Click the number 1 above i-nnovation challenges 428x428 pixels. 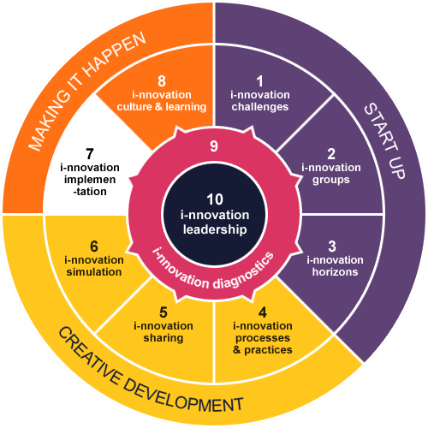tap(260, 81)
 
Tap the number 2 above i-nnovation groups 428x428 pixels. tap(331, 154)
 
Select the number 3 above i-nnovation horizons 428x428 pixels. tap(332, 247)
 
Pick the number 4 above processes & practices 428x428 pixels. tap(263, 312)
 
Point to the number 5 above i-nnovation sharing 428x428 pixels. tap(163, 312)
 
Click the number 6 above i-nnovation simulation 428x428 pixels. tap(94, 247)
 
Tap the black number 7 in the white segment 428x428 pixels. tap(90, 154)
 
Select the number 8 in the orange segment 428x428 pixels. tap(162, 81)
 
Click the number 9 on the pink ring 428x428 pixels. tap(214, 146)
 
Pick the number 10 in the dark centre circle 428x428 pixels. tap(215, 199)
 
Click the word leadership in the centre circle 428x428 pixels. tap(215, 229)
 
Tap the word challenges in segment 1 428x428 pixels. tap(260, 107)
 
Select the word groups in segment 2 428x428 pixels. tap(331, 181)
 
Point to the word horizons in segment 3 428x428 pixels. tap(335, 272)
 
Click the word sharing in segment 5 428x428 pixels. tap(163, 338)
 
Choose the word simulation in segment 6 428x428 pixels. tap(94, 272)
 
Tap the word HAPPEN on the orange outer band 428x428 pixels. tap(114, 56)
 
